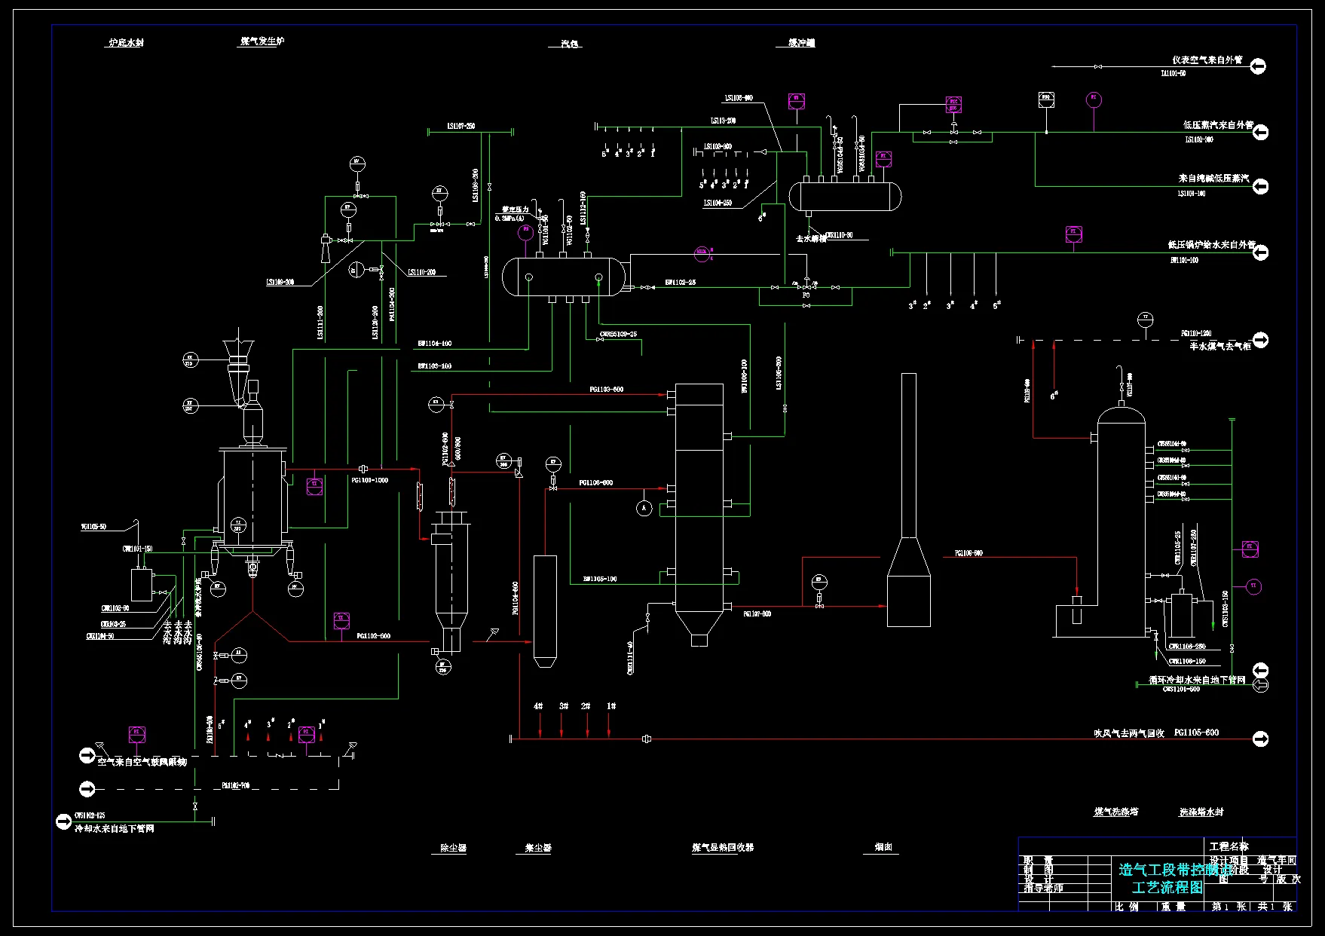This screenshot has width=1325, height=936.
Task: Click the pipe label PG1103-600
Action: point(606,390)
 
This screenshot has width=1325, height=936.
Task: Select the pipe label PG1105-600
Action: point(1196,733)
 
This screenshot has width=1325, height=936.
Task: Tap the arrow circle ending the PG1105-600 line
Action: point(1260,739)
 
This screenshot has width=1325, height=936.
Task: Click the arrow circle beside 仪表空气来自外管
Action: point(1257,66)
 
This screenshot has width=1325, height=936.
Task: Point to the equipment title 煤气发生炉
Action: point(262,41)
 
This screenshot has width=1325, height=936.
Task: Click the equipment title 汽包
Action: point(569,44)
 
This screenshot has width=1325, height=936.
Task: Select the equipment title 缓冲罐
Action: point(801,43)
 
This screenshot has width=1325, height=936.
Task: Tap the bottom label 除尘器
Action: point(453,848)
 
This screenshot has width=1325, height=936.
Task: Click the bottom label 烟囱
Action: point(883,847)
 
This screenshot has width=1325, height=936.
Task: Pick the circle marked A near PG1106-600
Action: point(644,509)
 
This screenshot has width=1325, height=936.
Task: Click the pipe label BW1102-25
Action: point(680,283)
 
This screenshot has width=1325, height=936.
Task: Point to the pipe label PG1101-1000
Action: point(369,480)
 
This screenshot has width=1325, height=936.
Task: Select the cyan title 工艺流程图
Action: point(1167,887)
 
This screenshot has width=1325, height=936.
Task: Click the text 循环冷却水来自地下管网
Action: point(1196,680)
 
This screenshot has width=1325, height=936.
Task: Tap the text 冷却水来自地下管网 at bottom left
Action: point(115,828)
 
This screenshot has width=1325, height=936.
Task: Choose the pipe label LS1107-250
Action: point(461,126)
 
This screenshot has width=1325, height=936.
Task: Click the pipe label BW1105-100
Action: point(599,579)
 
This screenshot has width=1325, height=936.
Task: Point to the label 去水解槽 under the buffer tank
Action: point(810,239)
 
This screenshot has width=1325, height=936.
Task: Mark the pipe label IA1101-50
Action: point(1173,74)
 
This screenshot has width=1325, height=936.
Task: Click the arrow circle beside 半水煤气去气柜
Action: point(1260,340)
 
